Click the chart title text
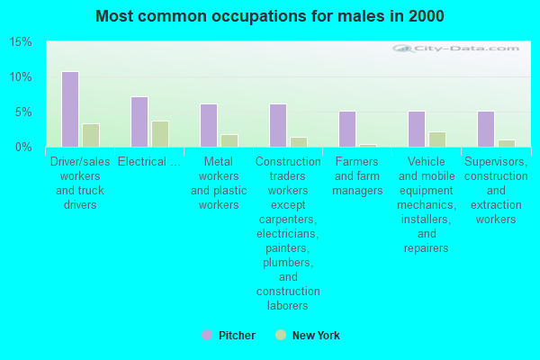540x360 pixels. click(x=269, y=16)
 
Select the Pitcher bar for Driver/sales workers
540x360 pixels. click(x=69, y=109)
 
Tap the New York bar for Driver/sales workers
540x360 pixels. click(x=90, y=135)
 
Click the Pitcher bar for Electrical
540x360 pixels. click(x=139, y=121)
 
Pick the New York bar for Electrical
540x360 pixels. click(x=159, y=134)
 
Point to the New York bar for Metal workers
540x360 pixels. click(x=229, y=140)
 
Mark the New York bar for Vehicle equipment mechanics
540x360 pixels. click(x=436, y=139)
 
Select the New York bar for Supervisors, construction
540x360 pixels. click(x=506, y=143)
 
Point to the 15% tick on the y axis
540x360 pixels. click(x=21, y=42)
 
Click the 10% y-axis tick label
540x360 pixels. click(x=21, y=77)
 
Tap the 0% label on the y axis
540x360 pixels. click(x=23, y=147)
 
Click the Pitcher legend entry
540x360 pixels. click(x=229, y=336)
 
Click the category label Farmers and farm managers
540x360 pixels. click(x=357, y=175)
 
